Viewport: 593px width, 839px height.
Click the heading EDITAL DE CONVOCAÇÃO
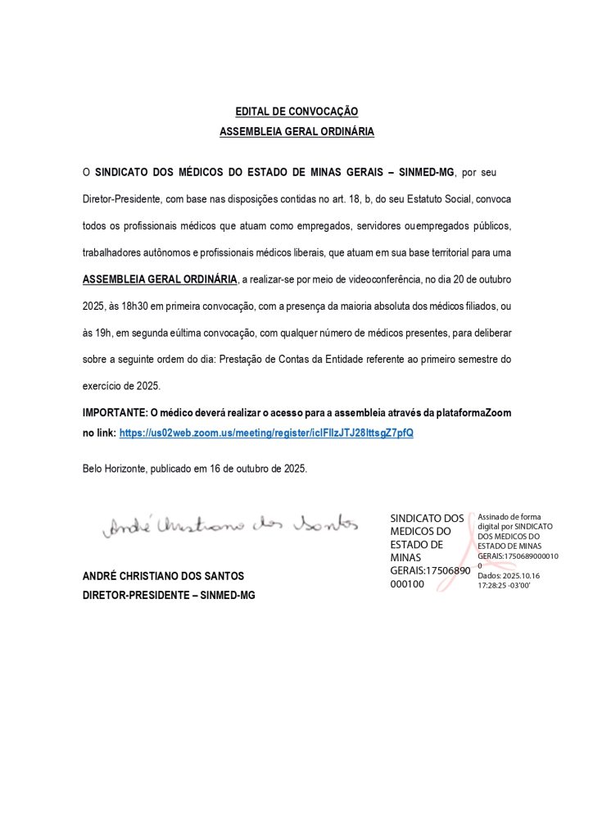click(296, 111)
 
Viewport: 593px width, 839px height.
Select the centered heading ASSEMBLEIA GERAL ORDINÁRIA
click(296, 130)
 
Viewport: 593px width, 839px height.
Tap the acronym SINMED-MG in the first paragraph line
click(431, 174)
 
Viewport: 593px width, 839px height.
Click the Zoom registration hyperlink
click(266, 432)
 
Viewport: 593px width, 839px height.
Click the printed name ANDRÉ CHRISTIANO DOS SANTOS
click(164, 577)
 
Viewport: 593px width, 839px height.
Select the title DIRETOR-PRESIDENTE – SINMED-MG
click(169, 596)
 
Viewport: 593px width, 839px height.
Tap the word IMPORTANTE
click(112, 413)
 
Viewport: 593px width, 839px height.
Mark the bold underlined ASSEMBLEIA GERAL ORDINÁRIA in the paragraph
click(161, 279)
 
